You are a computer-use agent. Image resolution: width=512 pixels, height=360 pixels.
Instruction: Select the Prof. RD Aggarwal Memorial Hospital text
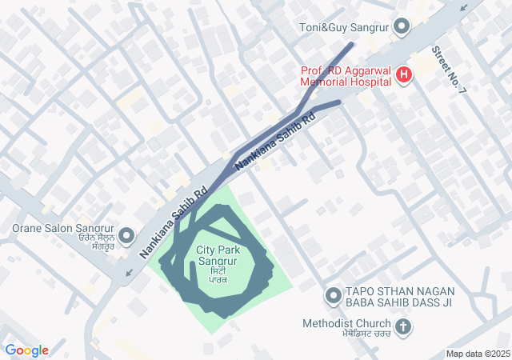click(x=346, y=76)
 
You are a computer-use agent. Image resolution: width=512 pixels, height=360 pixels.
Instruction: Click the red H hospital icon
click(x=405, y=76)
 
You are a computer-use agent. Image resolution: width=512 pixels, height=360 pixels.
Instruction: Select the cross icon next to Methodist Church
click(x=403, y=326)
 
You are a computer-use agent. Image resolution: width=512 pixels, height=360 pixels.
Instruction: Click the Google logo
click(x=26, y=350)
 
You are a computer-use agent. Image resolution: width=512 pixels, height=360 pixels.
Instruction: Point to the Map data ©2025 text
click(x=478, y=354)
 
